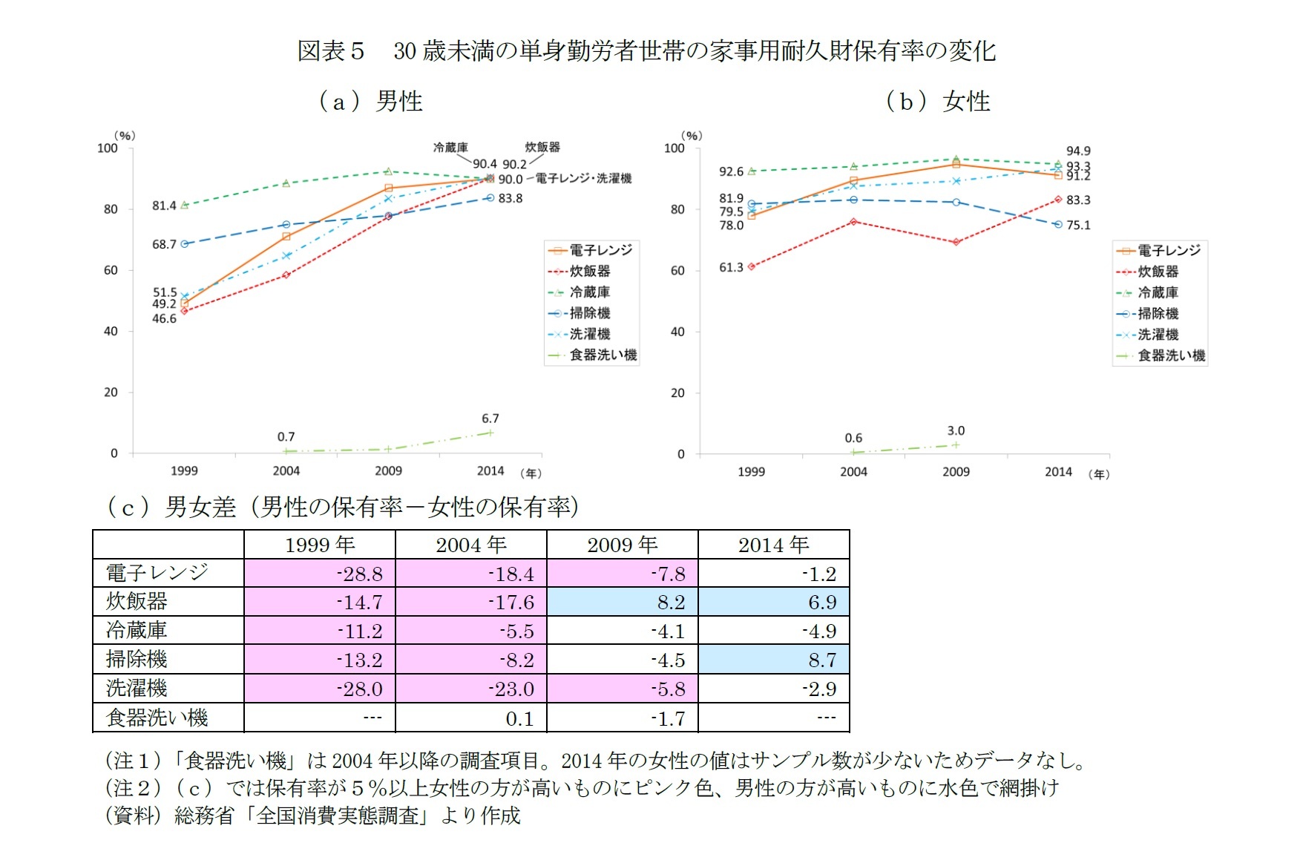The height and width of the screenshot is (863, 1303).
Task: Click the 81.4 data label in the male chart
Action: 164,206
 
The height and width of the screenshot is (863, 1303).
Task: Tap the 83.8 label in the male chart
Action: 511,198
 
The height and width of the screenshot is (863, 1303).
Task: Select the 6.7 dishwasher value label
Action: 490,419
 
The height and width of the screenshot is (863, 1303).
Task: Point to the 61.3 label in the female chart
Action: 731,267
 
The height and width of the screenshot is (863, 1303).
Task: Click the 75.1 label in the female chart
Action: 1078,225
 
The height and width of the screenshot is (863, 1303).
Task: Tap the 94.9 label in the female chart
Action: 1078,151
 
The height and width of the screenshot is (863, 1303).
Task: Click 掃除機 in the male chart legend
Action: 590,313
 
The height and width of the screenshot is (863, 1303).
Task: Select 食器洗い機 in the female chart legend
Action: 1171,355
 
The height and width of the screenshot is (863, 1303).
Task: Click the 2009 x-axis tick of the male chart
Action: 388,470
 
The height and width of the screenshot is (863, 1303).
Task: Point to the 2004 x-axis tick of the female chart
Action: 853,471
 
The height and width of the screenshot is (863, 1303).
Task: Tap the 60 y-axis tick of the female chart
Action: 677,271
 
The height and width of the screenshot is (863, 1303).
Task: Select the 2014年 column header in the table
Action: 773,545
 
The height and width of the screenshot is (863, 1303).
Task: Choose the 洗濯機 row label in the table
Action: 137,688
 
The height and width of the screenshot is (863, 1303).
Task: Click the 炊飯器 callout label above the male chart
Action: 542,147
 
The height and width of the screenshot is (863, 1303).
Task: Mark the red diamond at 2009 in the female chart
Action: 956,242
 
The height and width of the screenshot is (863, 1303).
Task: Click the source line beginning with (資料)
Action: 312,816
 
